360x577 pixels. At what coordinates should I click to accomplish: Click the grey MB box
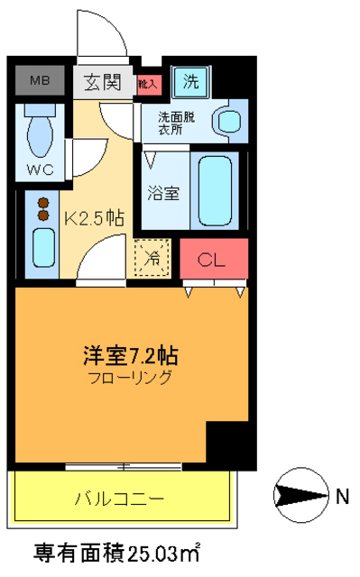(40, 81)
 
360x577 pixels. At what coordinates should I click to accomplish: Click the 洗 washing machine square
(190, 80)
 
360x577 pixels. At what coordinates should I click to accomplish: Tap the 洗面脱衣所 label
(175, 122)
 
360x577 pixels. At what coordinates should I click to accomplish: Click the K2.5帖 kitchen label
(94, 217)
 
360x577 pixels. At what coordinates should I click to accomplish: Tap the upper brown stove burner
(42, 202)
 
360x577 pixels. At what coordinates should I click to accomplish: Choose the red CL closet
(213, 261)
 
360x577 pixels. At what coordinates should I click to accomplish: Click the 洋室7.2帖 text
(136, 354)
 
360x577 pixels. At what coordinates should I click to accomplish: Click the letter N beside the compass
(342, 494)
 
